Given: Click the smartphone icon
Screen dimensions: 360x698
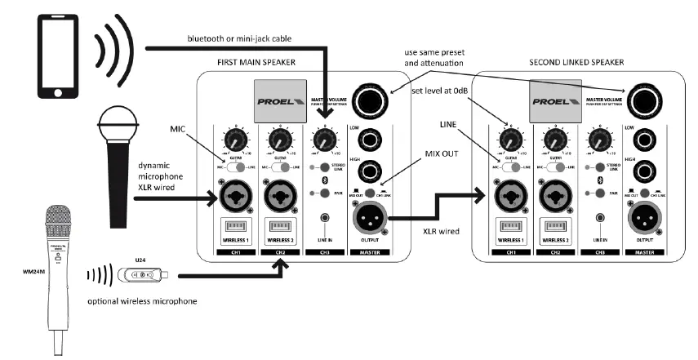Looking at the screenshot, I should [x=53, y=51].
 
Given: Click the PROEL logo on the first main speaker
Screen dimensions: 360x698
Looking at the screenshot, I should [x=281, y=104].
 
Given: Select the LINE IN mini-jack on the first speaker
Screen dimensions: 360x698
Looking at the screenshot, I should [x=326, y=218].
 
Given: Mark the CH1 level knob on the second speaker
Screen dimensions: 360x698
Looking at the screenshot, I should [x=511, y=141].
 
